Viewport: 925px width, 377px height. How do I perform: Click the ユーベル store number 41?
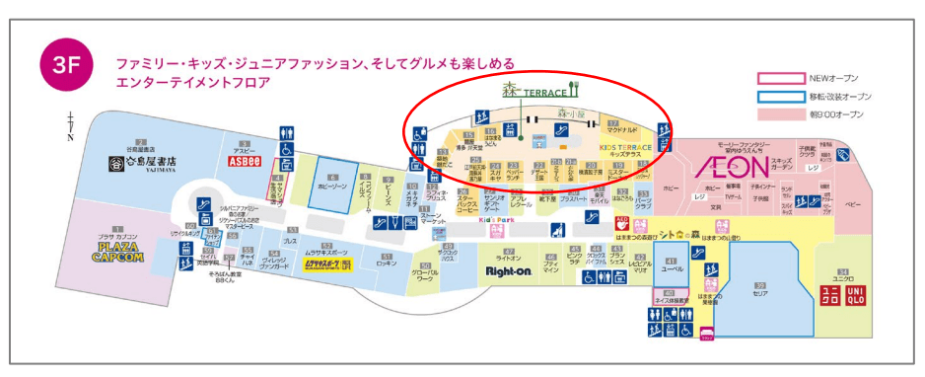tap(672, 261)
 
